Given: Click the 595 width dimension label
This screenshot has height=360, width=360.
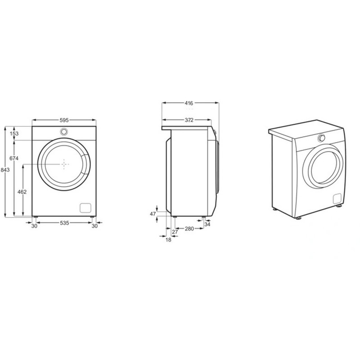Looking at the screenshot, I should pyautogui.click(x=64, y=120).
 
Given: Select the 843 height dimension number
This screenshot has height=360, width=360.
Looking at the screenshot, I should pyautogui.click(x=5, y=170).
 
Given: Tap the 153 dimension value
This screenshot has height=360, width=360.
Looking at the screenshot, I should pyautogui.click(x=14, y=134).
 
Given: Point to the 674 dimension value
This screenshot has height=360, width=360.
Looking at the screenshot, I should pyautogui.click(x=14, y=158).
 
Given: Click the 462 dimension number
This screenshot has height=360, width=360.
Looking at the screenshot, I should pyautogui.click(x=22, y=192).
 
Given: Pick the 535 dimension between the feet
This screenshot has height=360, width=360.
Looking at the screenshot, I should pyautogui.click(x=64, y=223).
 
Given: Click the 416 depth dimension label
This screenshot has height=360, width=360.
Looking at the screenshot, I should pyautogui.click(x=189, y=103).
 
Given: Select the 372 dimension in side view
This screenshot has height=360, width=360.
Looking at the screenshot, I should pyautogui.click(x=189, y=120).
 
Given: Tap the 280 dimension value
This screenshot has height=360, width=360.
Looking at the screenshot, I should pyautogui.click(x=189, y=229).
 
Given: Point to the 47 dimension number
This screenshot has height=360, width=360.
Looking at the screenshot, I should pyautogui.click(x=153, y=214).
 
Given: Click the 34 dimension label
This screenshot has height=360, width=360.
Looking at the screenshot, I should pyautogui.click(x=207, y=224).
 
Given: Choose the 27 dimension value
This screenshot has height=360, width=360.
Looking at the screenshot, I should pyautogui.click(x=175, y=231).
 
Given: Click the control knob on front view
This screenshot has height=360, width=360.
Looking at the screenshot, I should pyautogui.click(x=64, y=132).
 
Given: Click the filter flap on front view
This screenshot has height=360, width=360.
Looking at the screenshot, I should pyautogui.click(x=85, y=207).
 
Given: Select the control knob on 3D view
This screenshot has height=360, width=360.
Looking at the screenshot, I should pyautogui.click(x=321, y=138).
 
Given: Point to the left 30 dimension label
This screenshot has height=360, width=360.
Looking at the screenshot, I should pyautogui.click(x=34, y=226).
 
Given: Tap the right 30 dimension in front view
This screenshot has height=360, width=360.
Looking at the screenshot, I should pyautogui.click(x=94, y=226).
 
